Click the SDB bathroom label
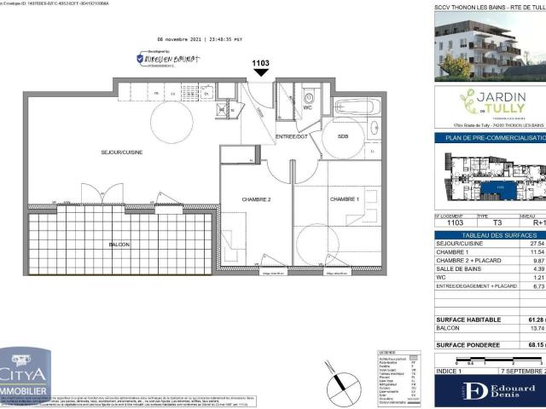click(x=343, y=136)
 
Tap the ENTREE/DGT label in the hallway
click(x=291, y=137)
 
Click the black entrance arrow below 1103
click(x=260, y=73)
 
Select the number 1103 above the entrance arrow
click(x=260, y=62)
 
